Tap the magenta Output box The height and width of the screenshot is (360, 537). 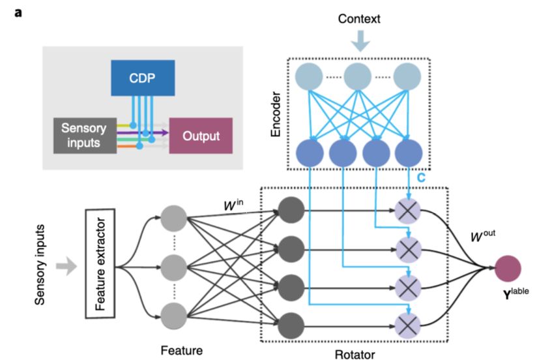[200, 136]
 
